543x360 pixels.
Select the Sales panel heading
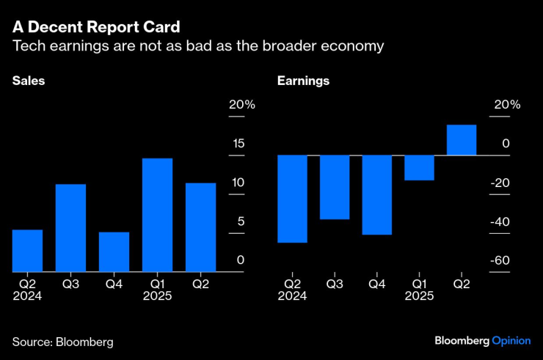click(29, 81)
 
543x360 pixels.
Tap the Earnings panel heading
click(303, 81)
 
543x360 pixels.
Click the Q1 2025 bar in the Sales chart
click(157, 215)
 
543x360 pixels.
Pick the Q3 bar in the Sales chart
click(70, 228)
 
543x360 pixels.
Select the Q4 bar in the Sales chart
click(114, 252)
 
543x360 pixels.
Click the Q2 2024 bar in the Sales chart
click(27, 251)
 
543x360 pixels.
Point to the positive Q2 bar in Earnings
click(462, 140)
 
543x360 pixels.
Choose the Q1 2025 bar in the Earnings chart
click(419, 168)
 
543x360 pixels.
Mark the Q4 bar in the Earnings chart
click(376, 195)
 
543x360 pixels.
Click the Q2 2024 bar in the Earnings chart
click(291, 199)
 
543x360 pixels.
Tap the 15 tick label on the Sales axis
click(238, 144)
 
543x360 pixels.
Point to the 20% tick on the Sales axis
click(241, 105)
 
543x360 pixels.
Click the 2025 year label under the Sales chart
click(157, 296)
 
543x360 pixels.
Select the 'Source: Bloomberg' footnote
click(62, 342)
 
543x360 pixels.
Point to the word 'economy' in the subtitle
click(357, 46)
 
